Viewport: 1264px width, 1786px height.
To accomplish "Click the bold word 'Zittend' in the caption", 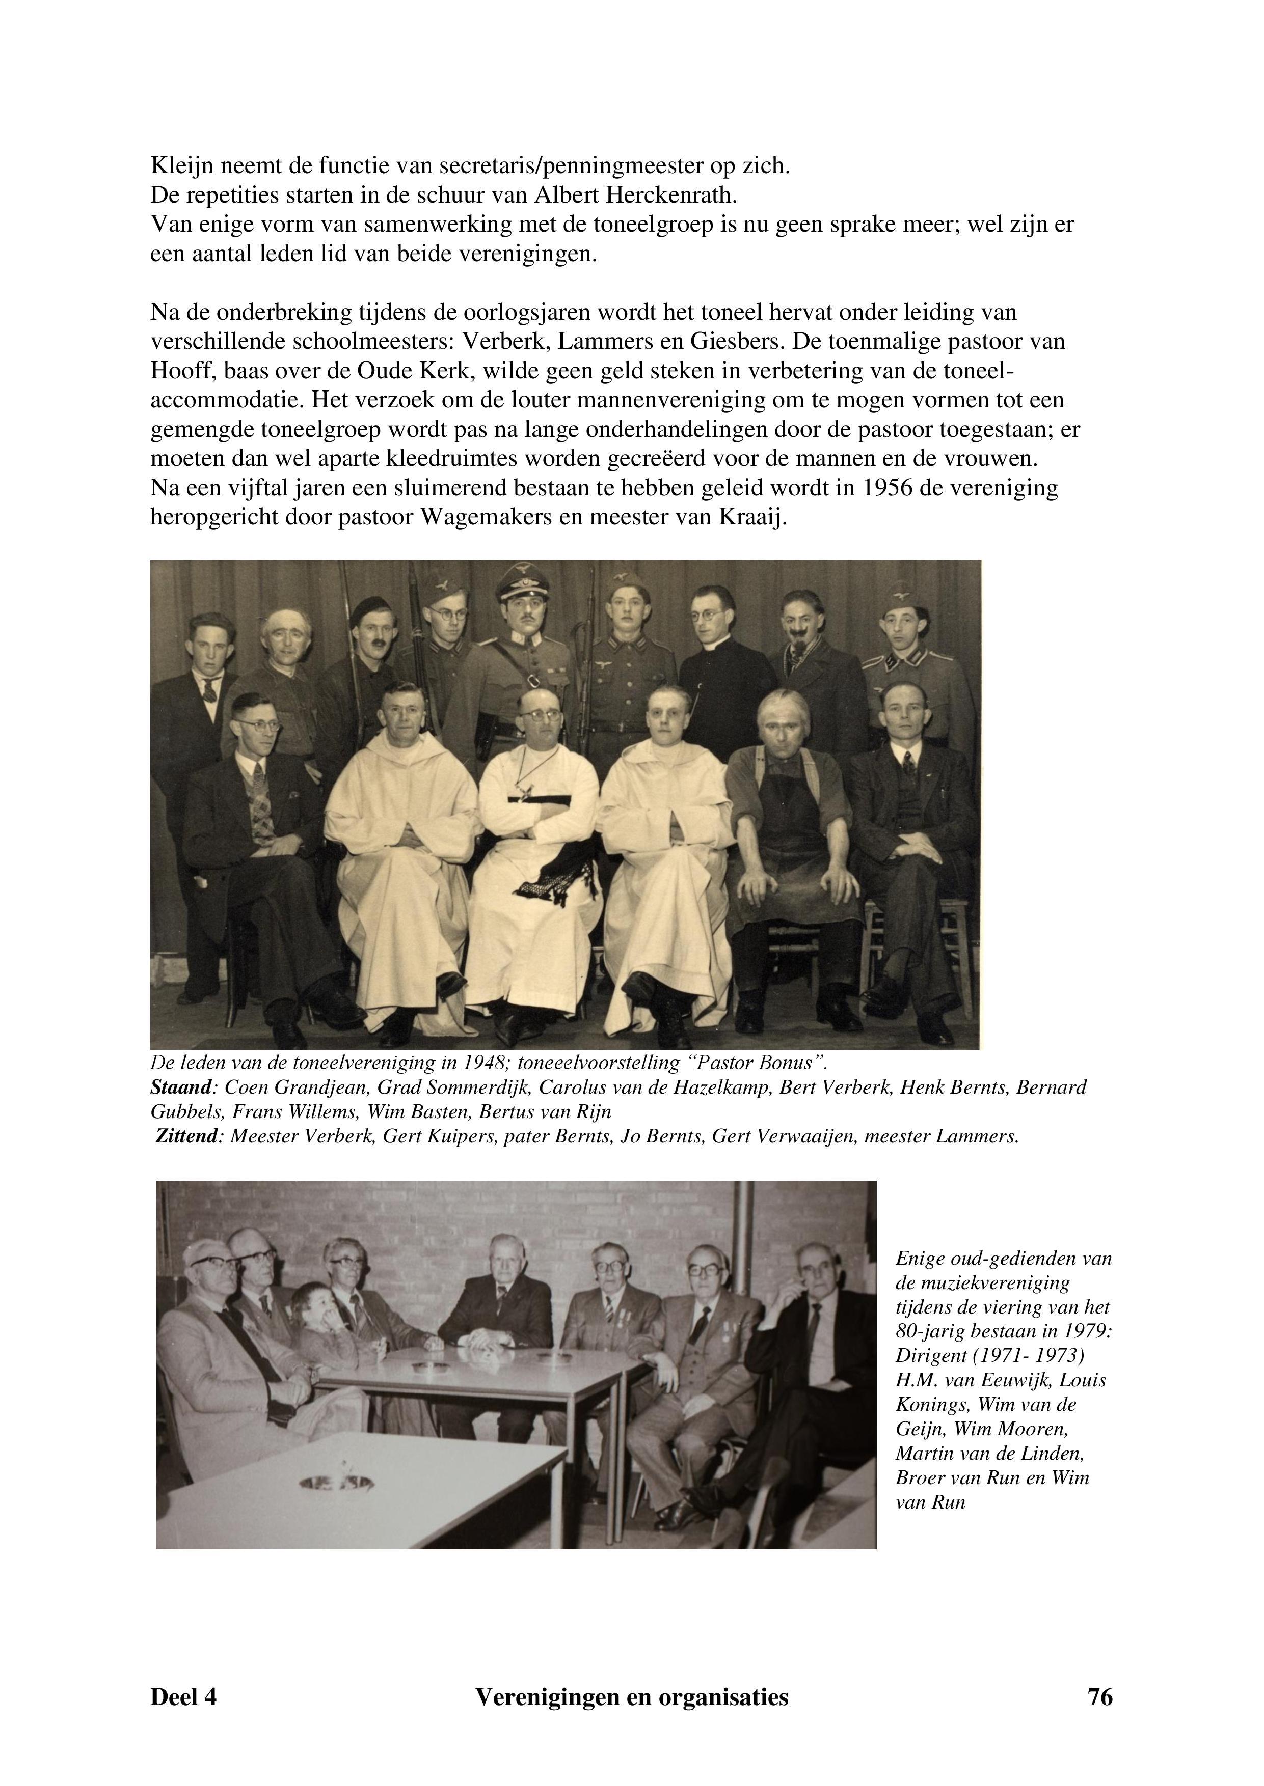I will click(x=187, y=1136).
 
